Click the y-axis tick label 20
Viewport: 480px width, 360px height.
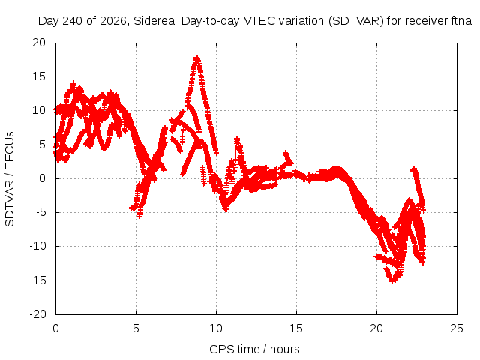(x=39, y=43)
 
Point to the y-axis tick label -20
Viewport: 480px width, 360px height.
(x=37, y=314)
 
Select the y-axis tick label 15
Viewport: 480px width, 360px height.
(x=39, y=76)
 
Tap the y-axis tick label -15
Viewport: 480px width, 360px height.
(x=37, y=280)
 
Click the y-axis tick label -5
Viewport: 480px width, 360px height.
(x=40, y=212)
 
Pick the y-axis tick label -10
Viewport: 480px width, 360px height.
(x=37, y=246)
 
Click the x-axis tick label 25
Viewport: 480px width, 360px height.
(x=457, y=328)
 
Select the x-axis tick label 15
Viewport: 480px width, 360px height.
(x=296, y=328)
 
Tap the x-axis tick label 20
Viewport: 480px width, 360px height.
(x=376, y=328)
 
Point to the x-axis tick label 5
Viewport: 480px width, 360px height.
(x=136, y=328)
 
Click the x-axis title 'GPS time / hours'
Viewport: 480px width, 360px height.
(x=254, y=349)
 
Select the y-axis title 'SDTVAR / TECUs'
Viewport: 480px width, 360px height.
(x=10, y=179)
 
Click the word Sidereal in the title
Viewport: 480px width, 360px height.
(x=155, y=21)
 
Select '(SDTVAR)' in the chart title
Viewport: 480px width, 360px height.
(x=355, y=21)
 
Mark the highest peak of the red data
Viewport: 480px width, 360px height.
(x=196, y=57)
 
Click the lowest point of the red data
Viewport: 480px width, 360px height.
(x=393, y=281)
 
